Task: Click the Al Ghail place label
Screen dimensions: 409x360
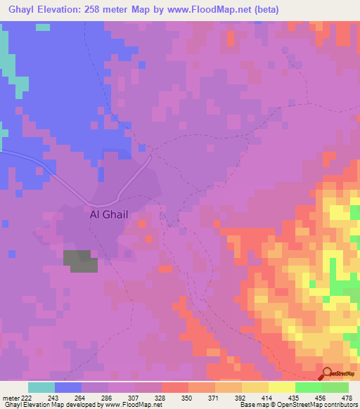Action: [x=109, y=216]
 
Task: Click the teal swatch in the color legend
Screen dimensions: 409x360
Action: [x=41, y=387]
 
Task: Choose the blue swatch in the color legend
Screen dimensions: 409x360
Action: [x=68, y=387]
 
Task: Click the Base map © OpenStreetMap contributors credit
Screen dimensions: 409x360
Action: [x=298, y=405]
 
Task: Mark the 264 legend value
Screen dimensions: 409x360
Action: [x=74, y=398]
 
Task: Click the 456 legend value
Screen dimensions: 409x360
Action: [x=320, y=398]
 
